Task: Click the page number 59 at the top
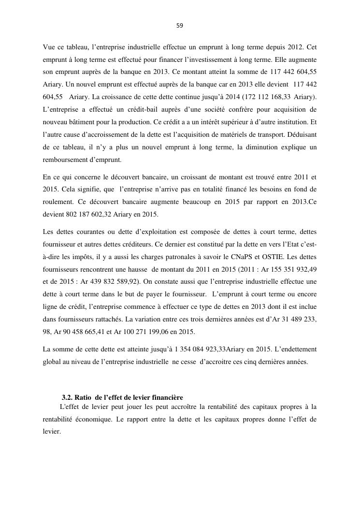[180, 26]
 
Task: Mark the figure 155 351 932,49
[290, 268]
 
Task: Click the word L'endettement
[294, 349]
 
